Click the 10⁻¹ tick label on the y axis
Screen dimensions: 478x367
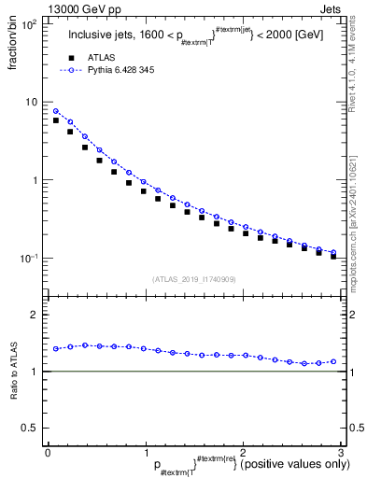tap(27, 259)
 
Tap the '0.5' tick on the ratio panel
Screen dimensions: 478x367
tap(30, 428)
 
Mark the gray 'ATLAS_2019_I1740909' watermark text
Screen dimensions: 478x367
tap(193, 279)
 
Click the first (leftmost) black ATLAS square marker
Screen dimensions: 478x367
tap(56, 120)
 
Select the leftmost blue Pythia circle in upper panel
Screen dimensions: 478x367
tap(56, 111)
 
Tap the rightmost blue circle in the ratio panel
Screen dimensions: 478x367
tap(333, 361)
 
